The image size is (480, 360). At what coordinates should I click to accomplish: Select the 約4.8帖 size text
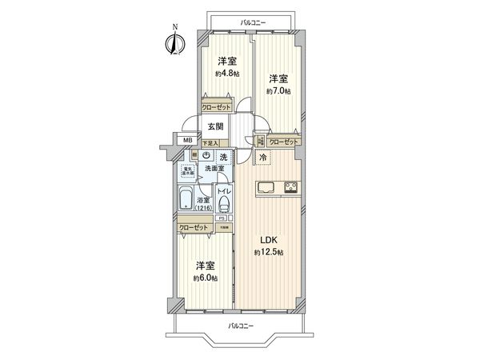(x=226, y=74)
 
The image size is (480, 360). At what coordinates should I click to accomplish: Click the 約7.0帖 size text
(x=278, y=91)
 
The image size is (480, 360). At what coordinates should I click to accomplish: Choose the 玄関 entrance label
(x=216, y=126)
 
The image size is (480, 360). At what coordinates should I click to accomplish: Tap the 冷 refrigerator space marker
(x=262, y=159)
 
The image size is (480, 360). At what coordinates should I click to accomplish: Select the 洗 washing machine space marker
(x=224, y=156)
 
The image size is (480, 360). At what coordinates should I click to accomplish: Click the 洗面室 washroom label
(x=214, y=169)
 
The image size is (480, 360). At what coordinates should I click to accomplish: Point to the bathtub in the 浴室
(x=186, y=199)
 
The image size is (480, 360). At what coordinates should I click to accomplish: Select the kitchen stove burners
(x=290, y=190)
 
